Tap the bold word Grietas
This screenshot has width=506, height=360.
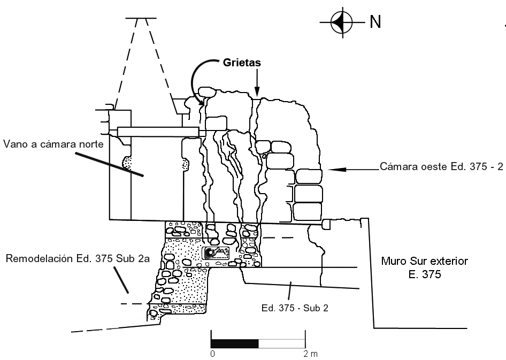(241, 63)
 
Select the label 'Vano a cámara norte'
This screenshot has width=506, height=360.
(52, 144)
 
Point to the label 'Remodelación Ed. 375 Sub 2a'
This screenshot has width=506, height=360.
(76, 259)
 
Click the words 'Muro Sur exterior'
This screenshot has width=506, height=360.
(424, 262)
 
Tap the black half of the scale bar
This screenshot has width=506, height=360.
(235, 343)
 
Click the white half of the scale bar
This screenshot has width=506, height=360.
(282, 343)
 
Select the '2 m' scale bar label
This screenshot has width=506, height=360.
(310, 354)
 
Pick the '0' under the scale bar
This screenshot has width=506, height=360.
(212, 354)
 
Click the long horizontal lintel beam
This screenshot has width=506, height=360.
(158, 132)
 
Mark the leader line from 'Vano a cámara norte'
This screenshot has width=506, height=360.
(110, 164)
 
